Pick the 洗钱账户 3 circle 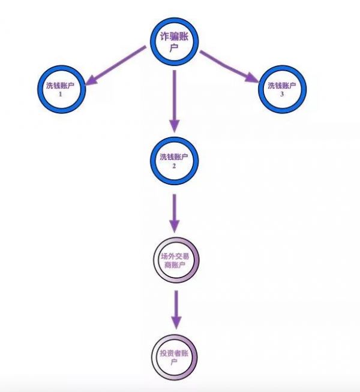coord(282,89)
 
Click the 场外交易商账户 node coord(175,262)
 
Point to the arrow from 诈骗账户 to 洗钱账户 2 coord(174,99)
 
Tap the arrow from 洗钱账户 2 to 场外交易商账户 coord(174,211)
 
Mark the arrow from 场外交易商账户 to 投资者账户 coord(175,309)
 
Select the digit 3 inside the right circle coord(282,94)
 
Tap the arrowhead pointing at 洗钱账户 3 coord(254,77)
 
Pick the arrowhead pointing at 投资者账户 coord(175,322)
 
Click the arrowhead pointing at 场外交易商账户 coord(174,226)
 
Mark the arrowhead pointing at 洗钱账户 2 coord(174,125)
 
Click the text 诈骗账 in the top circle coord(174,37)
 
